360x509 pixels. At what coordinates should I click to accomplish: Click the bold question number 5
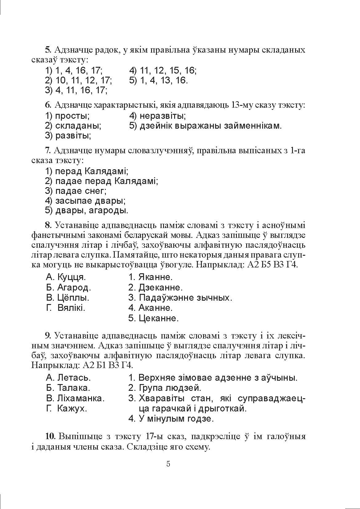click(47, 50)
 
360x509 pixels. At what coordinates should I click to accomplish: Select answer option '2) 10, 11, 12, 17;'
click(78, 81)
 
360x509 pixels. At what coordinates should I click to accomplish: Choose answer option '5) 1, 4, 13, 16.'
click(158, 81)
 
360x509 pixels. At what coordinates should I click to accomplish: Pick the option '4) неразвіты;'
click(157, 116)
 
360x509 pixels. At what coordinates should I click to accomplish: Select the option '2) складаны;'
click(73, 126)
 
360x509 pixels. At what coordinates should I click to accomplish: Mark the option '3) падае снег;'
click(76, 191)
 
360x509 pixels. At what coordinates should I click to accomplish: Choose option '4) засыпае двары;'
click(85, 201)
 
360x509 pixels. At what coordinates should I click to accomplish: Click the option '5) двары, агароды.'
click(86, 211)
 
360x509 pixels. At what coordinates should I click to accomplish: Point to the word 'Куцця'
click(71, 277)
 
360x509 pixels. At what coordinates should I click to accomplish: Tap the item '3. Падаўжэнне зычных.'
click(180, 298)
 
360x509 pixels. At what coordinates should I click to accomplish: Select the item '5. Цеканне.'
click(154, 318)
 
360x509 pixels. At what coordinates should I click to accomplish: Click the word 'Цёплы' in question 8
click(73, 298)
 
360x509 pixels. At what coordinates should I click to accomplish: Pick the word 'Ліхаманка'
click(81, 398)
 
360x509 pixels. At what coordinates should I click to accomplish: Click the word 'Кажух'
click(72, 409)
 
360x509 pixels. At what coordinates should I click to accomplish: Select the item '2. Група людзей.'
click(165, 388)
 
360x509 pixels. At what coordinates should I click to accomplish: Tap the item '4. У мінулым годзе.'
click(171, 419)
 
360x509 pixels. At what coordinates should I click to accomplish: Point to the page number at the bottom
click(168, 464)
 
